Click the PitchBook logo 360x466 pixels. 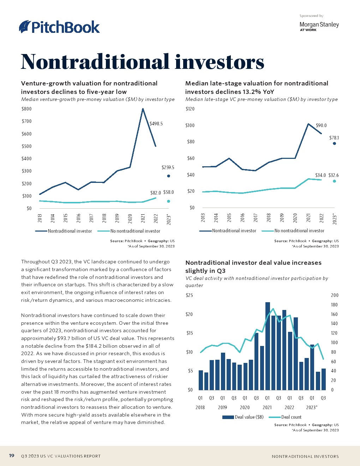click(x=60, y=27)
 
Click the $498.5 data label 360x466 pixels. click(x=156, y=124)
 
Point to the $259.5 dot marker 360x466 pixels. click(x=168, y=176)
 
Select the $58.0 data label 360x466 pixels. click(x=169, y=192)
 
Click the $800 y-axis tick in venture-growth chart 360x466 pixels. click(x=26, y=109)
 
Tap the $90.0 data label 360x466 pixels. click(x=321, y=125)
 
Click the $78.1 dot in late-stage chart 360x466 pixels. click(x=334, y=143)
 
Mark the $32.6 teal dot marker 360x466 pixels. click(x=334, y=181)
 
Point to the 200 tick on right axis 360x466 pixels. click(x=334, y=295)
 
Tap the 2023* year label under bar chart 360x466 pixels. click(x=312, y=407)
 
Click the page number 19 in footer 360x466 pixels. click(x=12, y=456)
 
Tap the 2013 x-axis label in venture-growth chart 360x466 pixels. click(x=40, y=219)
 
